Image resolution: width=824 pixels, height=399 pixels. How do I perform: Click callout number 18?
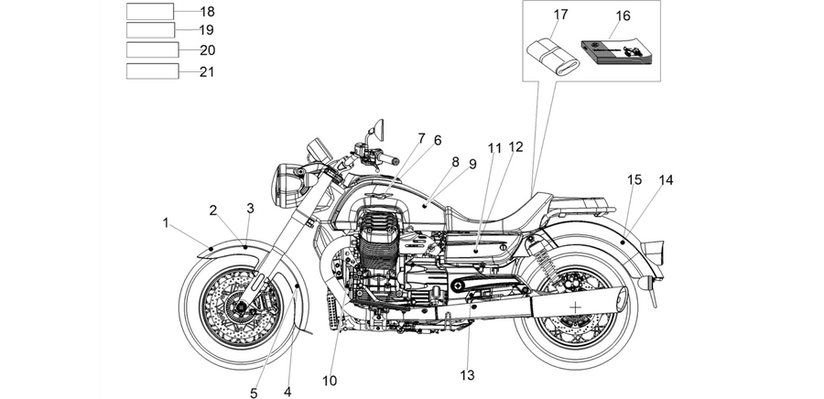click(x=207, y=12)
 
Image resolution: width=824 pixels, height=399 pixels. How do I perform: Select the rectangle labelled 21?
click(x=152, y=70)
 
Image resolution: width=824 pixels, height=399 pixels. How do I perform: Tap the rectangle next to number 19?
click(x=150, y=30)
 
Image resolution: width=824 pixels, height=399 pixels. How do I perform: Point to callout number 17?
click(x=560, y=15)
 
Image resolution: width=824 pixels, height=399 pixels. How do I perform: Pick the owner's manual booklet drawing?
click(x=616, y=51)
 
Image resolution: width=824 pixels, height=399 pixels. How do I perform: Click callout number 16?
click(x=623, y=16)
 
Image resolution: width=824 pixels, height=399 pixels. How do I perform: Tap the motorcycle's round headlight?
click(x=287, y=185)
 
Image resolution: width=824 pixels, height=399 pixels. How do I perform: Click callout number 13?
click(x=467, y=375)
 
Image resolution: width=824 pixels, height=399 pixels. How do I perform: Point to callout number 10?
click(x=330, y=381)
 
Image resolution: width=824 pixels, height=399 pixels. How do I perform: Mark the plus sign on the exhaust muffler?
click(x=576, y=307)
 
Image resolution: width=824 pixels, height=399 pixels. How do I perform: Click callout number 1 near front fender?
click(x=166, y=223)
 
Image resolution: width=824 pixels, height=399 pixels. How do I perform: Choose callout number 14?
click(x=666, y=180)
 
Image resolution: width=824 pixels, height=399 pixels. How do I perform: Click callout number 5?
click(x=254, y=394)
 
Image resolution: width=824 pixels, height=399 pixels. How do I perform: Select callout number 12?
click(x=516, y=147)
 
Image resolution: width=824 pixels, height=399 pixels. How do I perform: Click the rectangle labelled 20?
click(x=152, y=49)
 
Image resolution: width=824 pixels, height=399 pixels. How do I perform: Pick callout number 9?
click(x=472, y=165)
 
